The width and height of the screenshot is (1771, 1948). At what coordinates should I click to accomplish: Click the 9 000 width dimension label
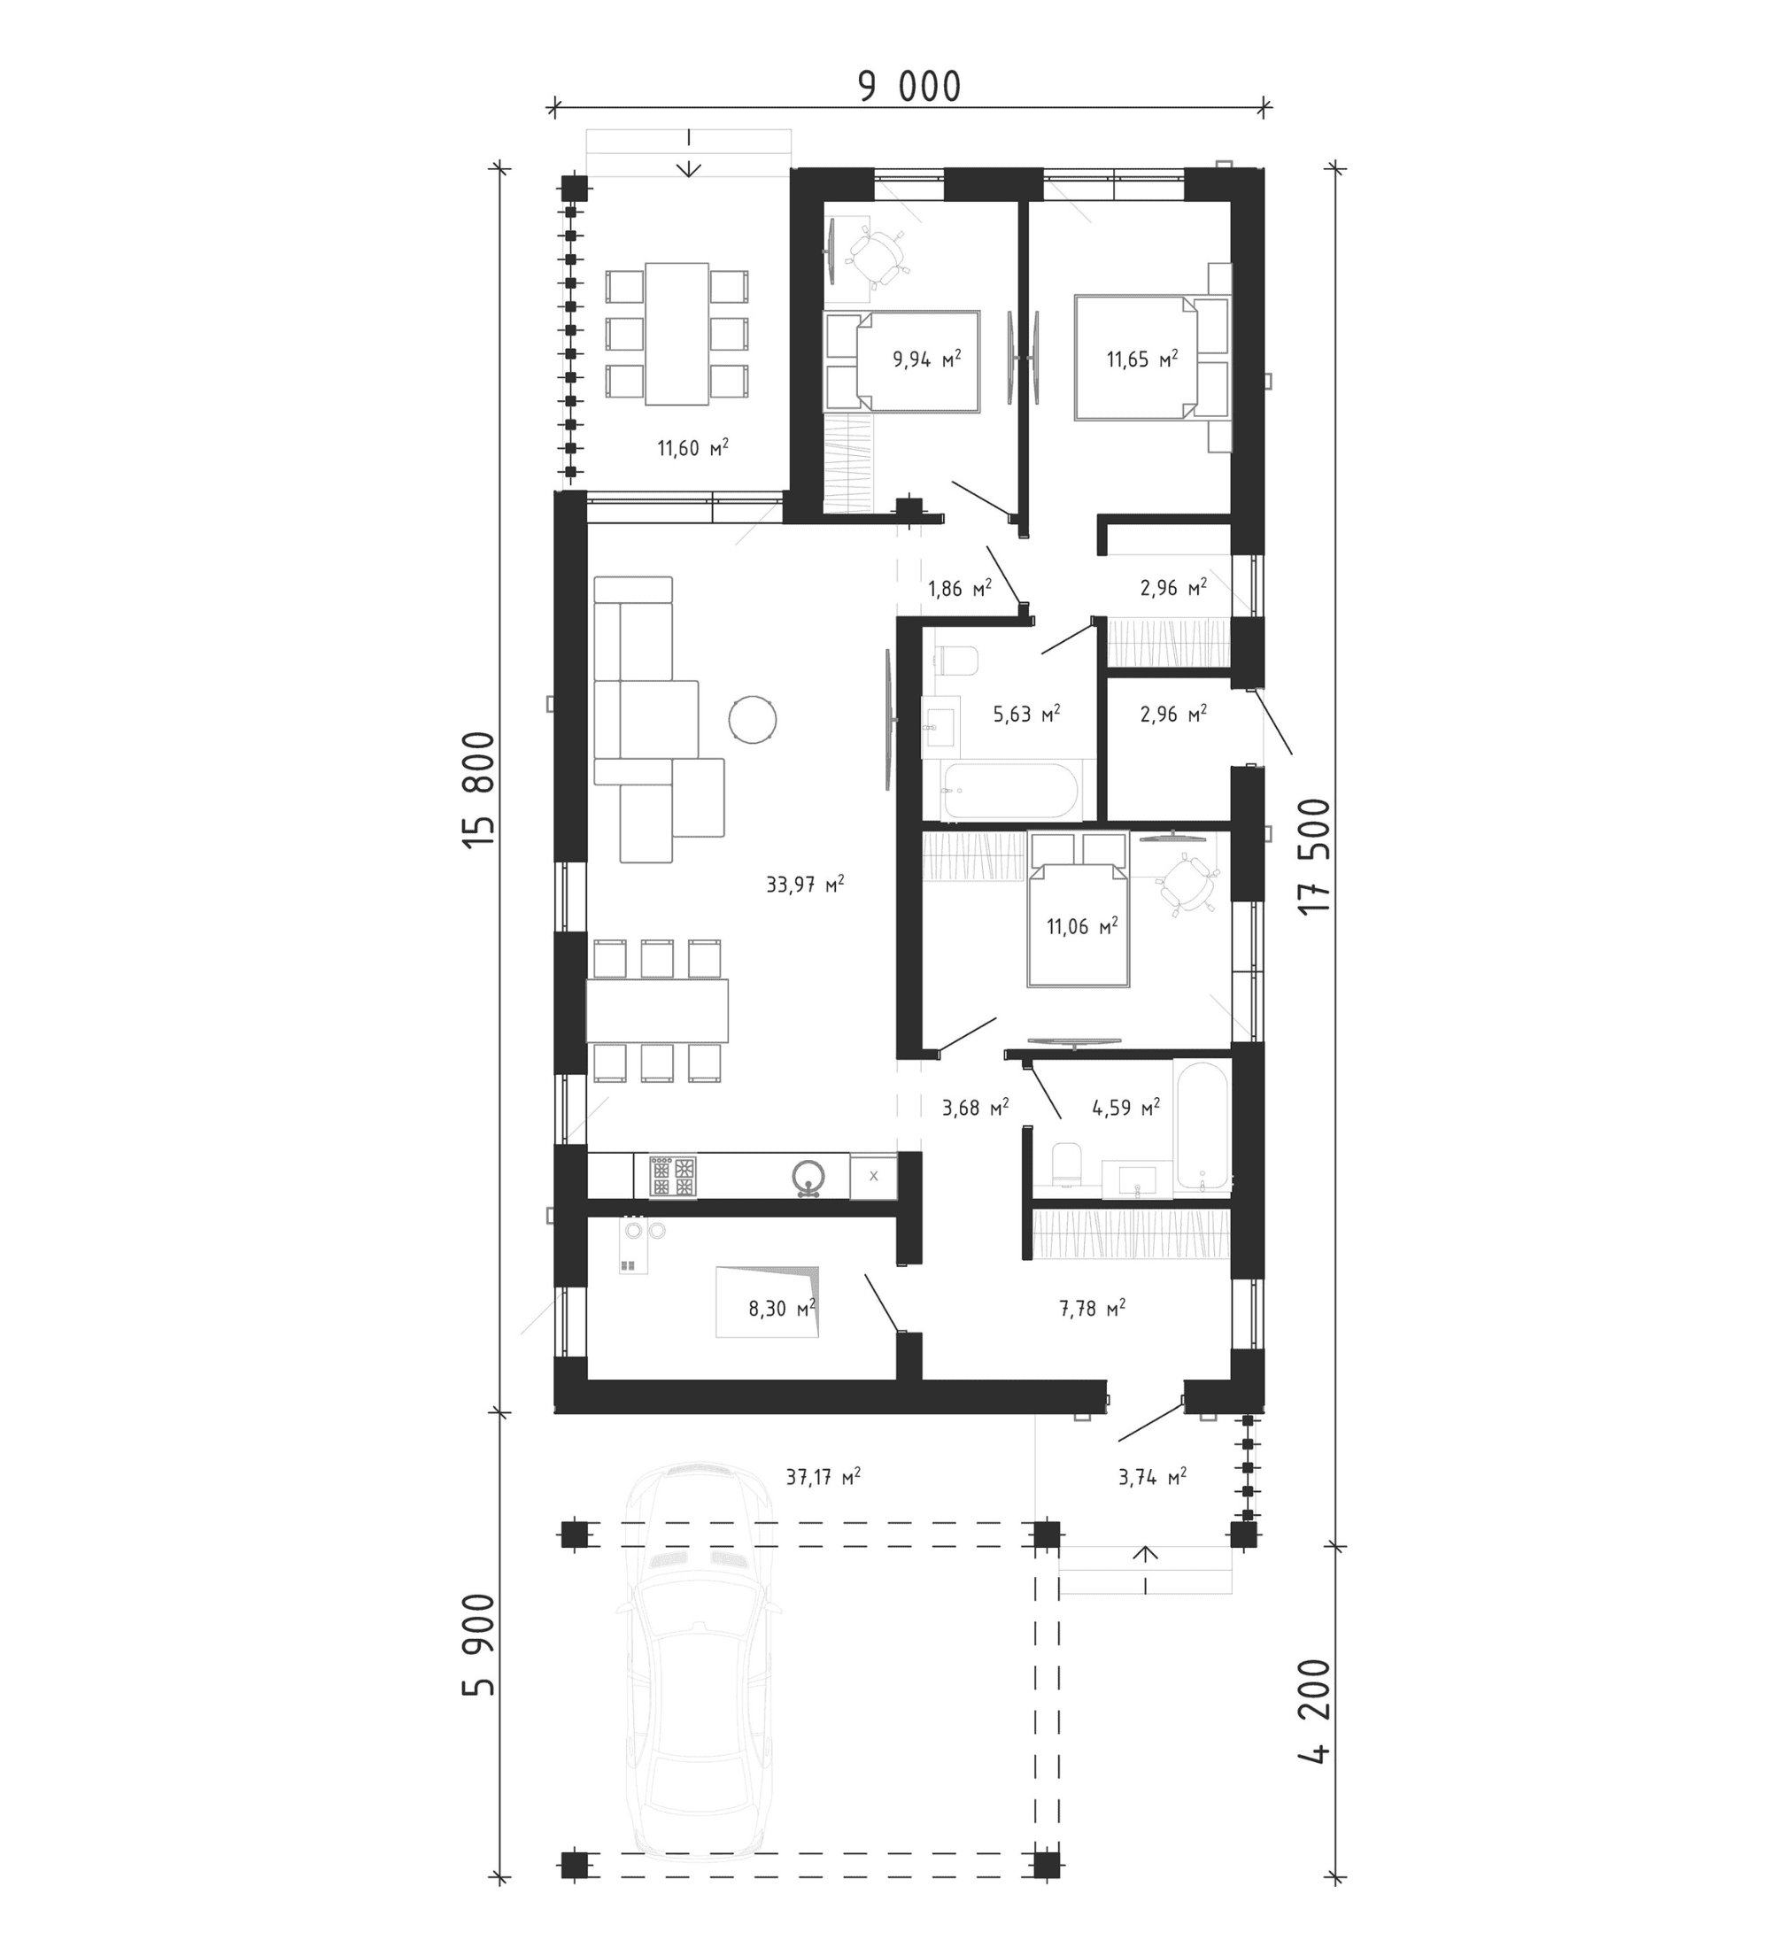point(909,87)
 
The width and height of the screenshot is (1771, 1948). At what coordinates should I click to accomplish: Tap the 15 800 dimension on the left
point(478,791)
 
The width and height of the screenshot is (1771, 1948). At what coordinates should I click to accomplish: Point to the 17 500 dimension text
point(1314,856)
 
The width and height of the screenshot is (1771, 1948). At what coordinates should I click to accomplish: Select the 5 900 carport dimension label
point(478,1658)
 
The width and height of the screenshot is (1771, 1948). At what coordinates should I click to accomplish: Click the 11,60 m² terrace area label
point(692,447)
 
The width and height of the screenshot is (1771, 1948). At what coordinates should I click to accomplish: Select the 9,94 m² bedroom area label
point(926,359)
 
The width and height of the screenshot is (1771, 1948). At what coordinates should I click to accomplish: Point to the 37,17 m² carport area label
point(824,1476)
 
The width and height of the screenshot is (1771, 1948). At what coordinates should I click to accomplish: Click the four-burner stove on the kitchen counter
point(672,1176)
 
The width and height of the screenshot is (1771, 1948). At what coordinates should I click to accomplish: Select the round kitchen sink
point(808,1176)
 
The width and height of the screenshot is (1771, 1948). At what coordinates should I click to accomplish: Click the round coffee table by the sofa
point(752,719)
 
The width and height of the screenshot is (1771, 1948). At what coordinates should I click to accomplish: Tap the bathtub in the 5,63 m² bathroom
point(1009,792)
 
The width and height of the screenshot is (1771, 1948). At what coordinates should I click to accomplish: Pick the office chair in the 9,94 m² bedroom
point(878,257)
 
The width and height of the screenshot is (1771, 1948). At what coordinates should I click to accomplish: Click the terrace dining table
point(677,333)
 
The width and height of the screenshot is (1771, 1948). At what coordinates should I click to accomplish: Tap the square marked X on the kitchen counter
point(873,1176)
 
